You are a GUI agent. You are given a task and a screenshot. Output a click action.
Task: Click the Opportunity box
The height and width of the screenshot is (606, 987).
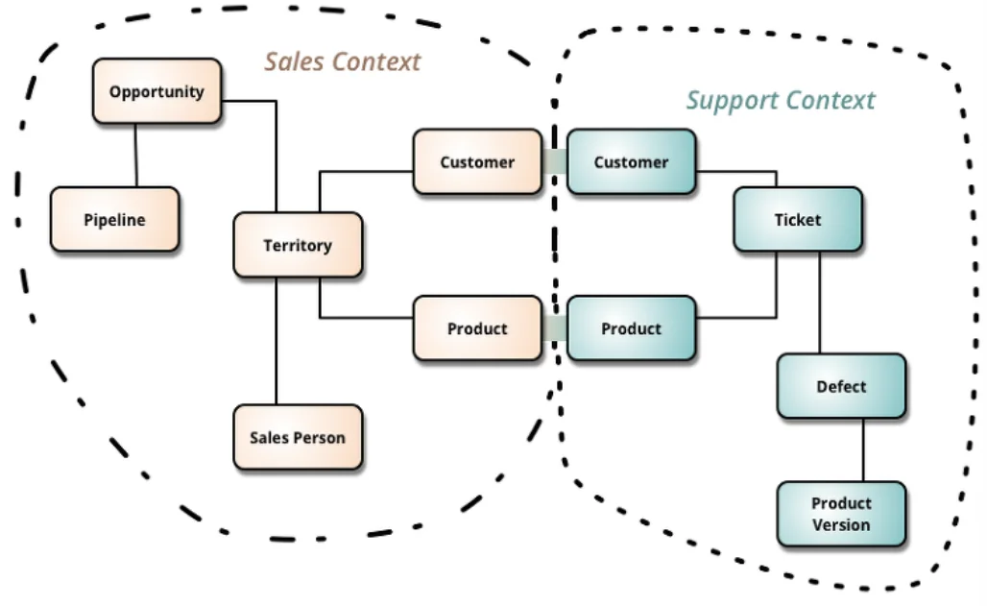(x=156, y=91)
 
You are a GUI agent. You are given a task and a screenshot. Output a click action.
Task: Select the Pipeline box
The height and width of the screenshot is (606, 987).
(x=114, y=219)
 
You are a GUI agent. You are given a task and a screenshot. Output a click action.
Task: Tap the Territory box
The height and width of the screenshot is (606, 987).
(x=298, y=245)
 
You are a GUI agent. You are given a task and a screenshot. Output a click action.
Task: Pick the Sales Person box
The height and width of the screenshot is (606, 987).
(x=298, y=437)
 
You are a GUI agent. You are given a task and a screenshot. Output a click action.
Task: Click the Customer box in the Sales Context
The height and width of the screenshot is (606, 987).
(x=477, y=162)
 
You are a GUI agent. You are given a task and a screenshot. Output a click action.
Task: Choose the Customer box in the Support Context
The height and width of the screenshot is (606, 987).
(x=631, y=162)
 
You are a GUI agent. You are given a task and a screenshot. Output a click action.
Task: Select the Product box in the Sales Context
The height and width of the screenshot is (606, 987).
(x=477, y=328)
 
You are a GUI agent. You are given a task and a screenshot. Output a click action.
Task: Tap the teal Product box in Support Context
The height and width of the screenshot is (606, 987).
(x=631, y=328)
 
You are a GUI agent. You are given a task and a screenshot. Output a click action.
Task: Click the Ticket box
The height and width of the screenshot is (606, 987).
(x=798, y=219)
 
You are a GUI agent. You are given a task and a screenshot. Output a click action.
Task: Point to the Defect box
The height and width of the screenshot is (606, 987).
(x=841, y=386)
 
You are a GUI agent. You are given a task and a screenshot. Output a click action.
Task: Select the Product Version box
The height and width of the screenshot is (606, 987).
(x=841, y=514)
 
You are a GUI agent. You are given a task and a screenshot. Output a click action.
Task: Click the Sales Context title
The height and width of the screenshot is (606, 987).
(x=343, y=62)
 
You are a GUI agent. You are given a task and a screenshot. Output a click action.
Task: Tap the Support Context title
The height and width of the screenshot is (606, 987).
(x=780, y=101)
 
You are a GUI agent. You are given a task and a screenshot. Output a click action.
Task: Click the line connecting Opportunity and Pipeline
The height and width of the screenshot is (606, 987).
(x=135, y=156)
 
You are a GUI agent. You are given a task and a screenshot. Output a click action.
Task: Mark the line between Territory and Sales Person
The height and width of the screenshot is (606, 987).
(x=277, y=341)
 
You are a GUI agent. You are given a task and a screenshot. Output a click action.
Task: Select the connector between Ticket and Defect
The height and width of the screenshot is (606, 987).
(x=819, y=303)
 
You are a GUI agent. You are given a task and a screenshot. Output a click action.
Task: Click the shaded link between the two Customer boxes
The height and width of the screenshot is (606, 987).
(x=554, y=162)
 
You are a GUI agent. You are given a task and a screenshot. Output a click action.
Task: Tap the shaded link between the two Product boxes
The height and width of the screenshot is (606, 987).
(x=554, y=328)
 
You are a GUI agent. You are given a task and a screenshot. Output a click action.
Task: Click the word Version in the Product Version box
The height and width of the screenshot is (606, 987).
(x=841, y=525)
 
